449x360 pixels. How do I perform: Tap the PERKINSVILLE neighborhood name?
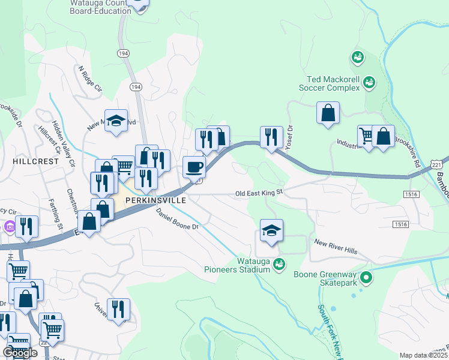point(156,199)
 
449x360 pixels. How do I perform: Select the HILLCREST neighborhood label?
point(36,161)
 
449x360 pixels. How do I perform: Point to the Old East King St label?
point(259,194)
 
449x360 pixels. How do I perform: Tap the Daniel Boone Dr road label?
point(177,219)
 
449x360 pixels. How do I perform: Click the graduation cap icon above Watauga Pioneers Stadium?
point(271,230)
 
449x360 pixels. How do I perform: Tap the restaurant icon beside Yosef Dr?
point(271,137)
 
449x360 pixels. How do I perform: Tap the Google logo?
point(20,353)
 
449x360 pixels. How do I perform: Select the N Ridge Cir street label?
point(91,78)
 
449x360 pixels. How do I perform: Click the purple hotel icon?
point(9,227)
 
